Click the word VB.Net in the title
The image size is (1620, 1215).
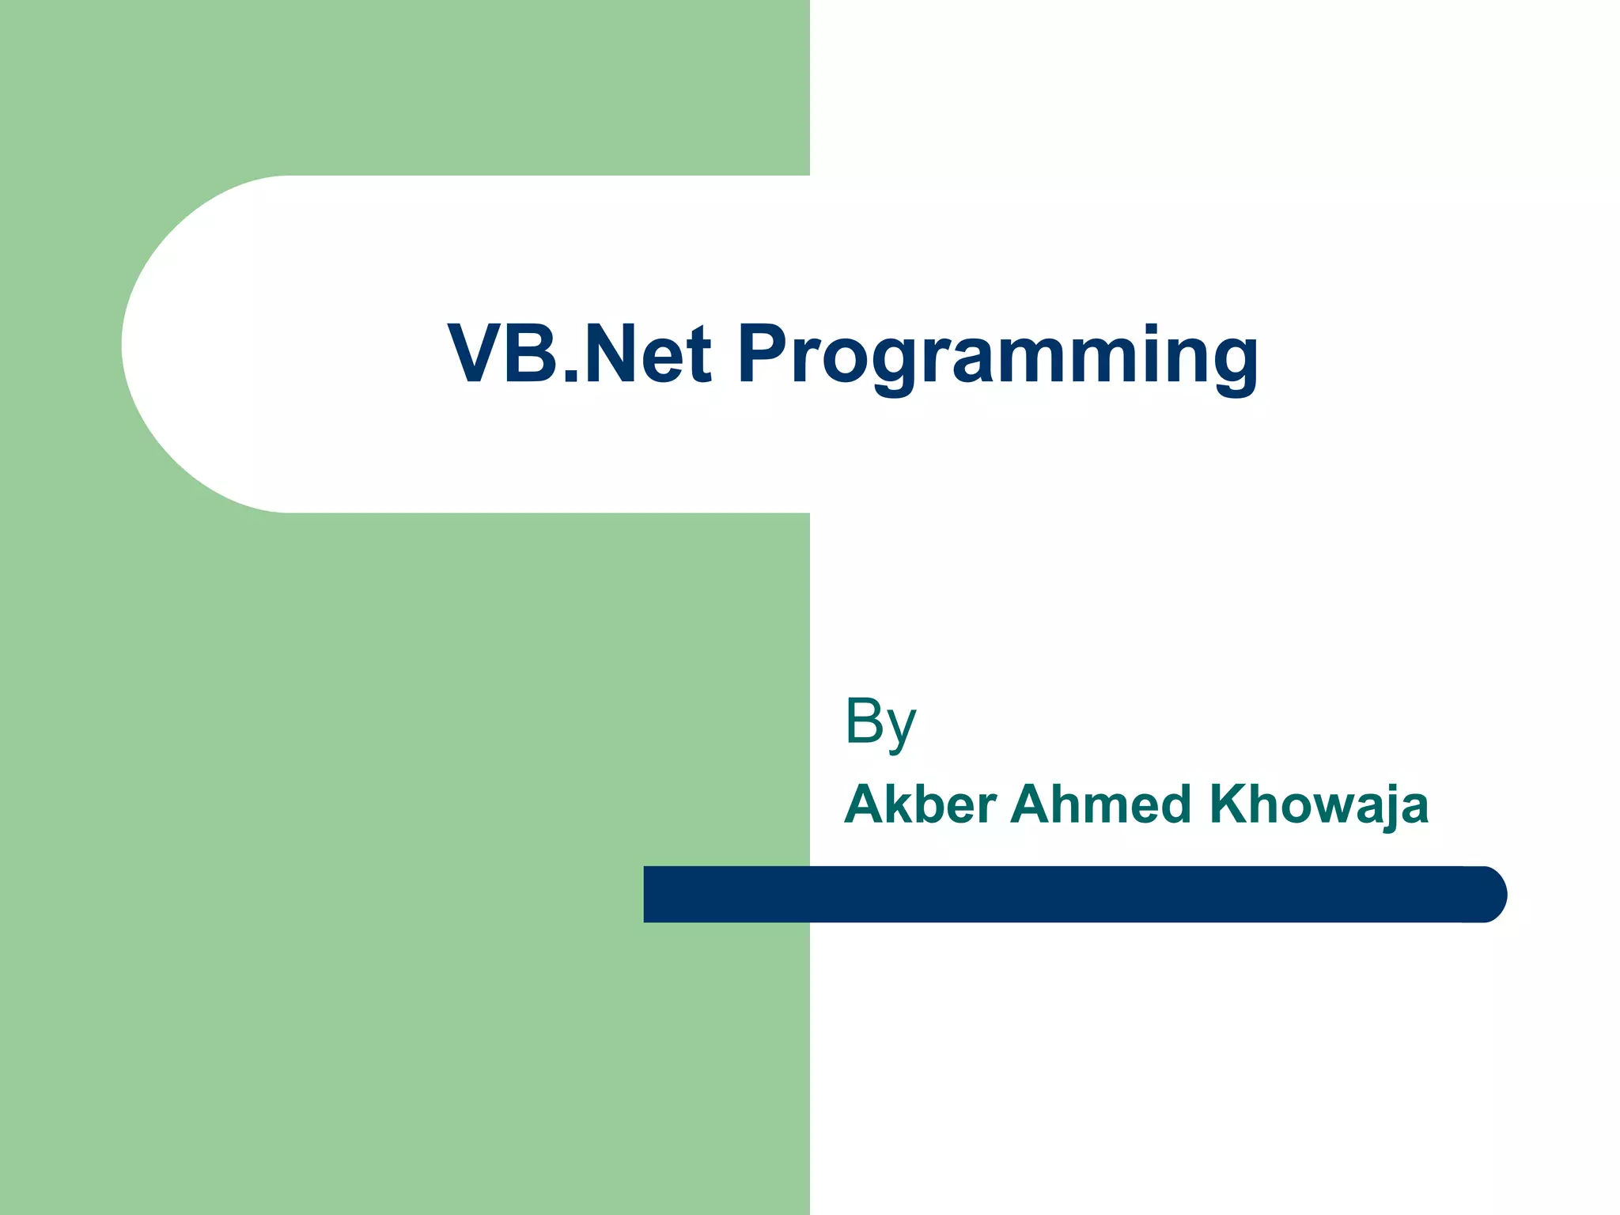[x=580, y=354]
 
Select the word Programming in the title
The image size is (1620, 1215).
[x=997, y=356]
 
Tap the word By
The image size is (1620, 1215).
[x=880, y=721]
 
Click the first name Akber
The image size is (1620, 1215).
[x=920, y=804]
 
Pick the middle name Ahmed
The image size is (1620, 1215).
[x=1100, y=804]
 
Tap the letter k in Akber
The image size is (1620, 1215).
[x=892, y=804]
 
